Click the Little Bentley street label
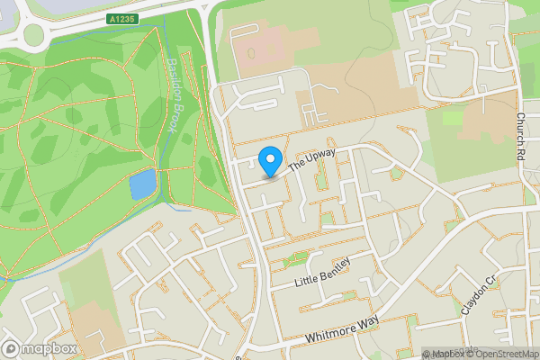(x=321, y=272)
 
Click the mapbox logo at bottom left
(x=39, y=349)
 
